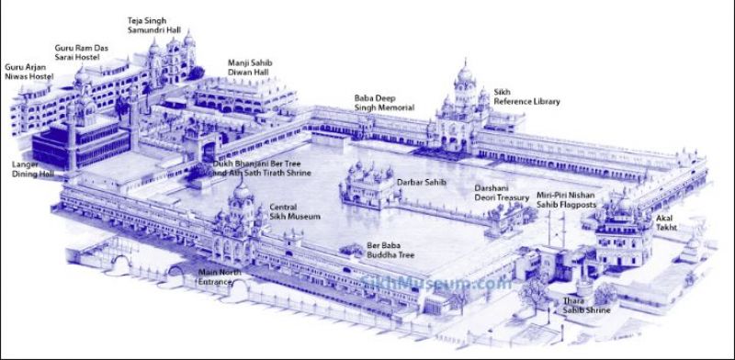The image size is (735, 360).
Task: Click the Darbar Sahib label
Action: click(421, 184)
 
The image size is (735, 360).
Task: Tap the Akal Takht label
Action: click(664, 221)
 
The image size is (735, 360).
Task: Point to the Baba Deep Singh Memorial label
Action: click(384, 102)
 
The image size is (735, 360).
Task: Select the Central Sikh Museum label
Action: click(295, 212)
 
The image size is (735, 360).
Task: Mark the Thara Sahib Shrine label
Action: click(579, 307)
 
